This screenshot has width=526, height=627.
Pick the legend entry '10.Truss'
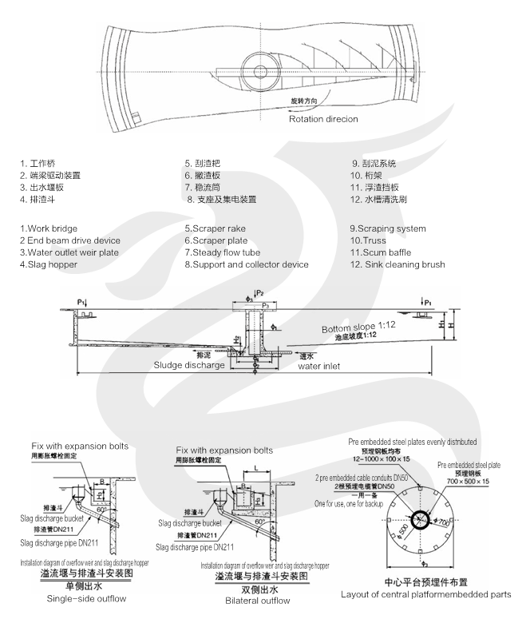pyautogui.click(x=369, y=240)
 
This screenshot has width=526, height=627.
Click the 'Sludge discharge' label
pyautogui.click(x=190, y=364)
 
